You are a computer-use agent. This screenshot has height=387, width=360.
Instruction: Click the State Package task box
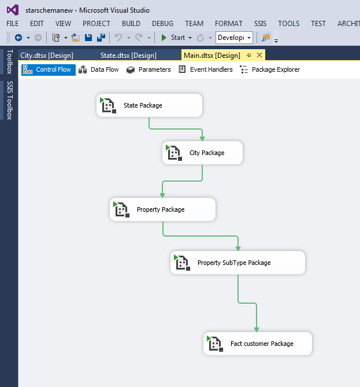click(150, 105)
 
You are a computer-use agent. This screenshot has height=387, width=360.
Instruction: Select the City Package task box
click(202, 153)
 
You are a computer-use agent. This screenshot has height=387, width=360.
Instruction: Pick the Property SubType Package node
click(237, 263)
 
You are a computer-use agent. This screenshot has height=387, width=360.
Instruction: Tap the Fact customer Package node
click(258, 344)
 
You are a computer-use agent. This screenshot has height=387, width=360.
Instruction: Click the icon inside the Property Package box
click(121, 209)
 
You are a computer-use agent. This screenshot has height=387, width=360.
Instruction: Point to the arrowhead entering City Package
click(202, 138)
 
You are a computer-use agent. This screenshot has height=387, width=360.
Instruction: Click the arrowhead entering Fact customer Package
click(257, 329)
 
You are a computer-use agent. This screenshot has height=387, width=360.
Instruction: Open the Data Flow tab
click(99, 69)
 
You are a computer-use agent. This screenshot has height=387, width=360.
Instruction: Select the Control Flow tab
click(49, 69)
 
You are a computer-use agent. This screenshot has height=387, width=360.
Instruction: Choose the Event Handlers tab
click(205, 69)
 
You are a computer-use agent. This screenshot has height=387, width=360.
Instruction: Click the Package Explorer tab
click(270, 69)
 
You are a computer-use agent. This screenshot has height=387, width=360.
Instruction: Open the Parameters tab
click(149, 69)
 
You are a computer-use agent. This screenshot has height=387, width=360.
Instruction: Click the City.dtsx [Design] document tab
click(47, 56)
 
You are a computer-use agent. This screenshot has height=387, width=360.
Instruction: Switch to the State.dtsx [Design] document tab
click(128, 56)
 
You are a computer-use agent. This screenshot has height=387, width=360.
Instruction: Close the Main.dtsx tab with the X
click(259, 55)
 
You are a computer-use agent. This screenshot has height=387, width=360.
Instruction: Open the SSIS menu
click(261, 24)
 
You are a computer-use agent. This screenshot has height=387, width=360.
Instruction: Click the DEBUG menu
click(163, 24)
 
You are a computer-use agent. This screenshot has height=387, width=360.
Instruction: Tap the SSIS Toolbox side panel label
click(9, 100)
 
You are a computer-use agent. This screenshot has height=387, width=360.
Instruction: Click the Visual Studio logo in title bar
click(13, 10)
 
